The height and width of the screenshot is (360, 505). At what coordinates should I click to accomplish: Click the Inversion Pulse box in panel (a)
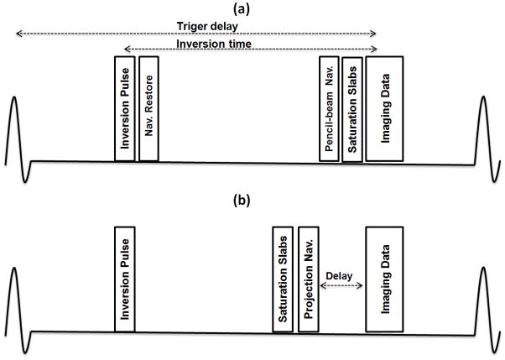[125, 108]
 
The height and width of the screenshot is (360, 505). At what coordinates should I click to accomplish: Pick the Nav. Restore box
[149, 108]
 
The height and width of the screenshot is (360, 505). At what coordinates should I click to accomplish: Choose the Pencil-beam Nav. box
[330, 108]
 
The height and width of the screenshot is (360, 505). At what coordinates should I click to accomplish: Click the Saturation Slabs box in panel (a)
[352, 108]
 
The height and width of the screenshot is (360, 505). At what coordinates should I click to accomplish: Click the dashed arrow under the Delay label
[342, 285]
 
